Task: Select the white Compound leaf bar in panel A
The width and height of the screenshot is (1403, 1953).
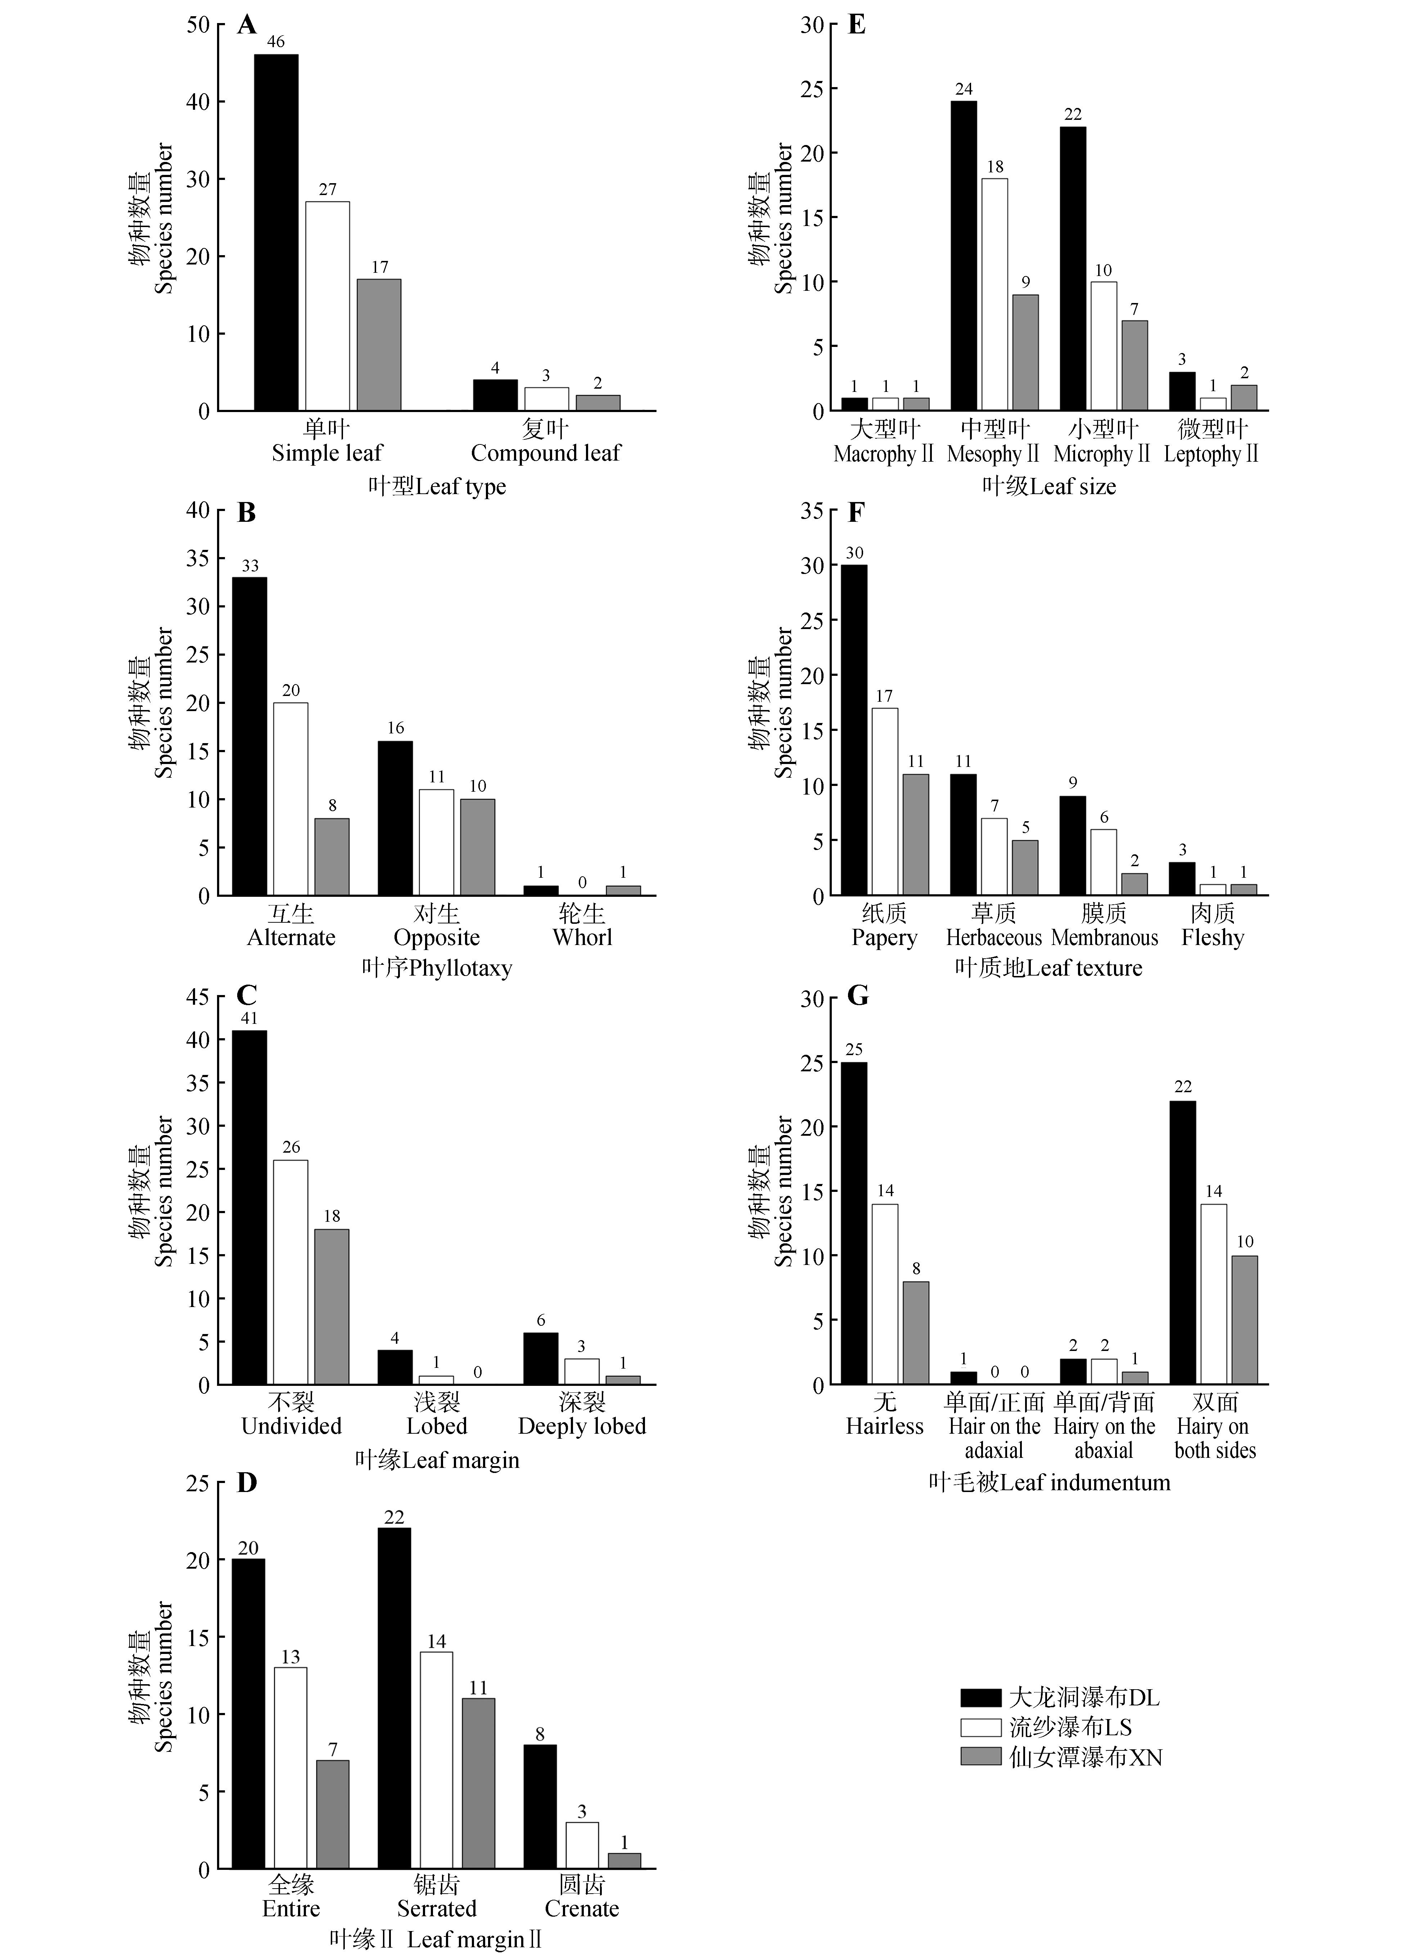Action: (x=546, y=399)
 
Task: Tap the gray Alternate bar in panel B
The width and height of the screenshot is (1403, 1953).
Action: (x=331, y=857)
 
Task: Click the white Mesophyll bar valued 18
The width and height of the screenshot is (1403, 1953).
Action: (x=995, y=294)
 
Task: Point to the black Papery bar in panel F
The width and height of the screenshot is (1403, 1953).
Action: (x=854, y=730)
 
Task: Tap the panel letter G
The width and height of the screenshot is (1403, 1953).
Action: (x=858, y=996)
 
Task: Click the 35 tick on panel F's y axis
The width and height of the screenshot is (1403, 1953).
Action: (x=812, y=511)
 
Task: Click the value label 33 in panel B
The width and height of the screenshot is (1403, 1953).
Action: (x=250, y=566)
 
